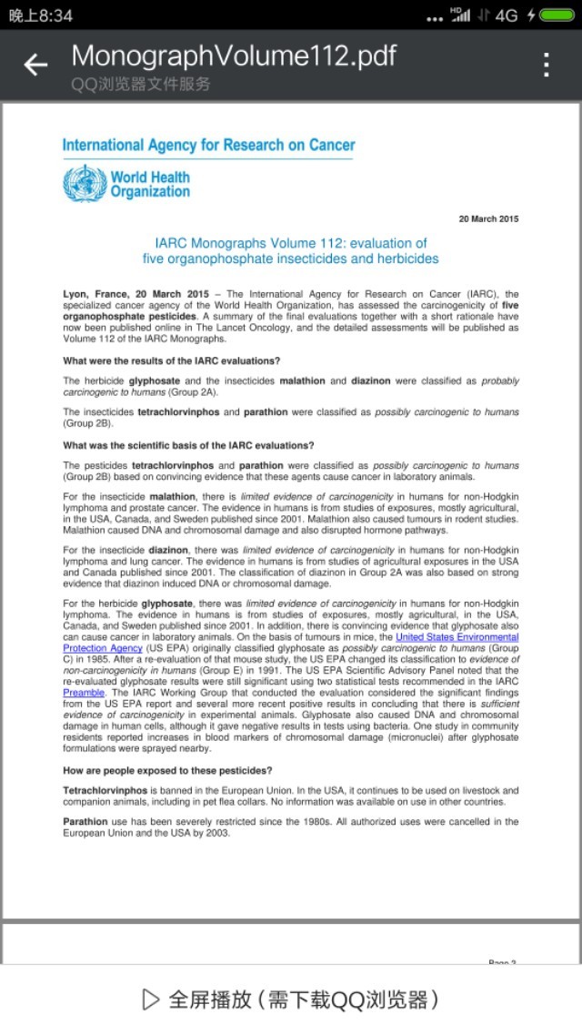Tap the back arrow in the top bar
[35, 65]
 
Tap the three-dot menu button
[547, 65]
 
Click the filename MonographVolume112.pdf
[234, 56]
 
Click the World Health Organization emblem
[85, 183]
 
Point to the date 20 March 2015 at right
[488, 218]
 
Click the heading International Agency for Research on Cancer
[208, 145]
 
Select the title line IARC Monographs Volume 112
[290, 243]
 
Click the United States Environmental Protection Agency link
[457, 637]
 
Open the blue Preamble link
[84, 693]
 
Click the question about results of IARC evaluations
[171, 360]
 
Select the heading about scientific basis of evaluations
[188, 445]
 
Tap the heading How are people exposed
[167, 771]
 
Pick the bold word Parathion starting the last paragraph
[85, 821]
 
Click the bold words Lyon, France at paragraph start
[98, 294]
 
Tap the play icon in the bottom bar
[151, 999]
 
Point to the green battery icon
[557, 15]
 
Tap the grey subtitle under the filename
[141, 84]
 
